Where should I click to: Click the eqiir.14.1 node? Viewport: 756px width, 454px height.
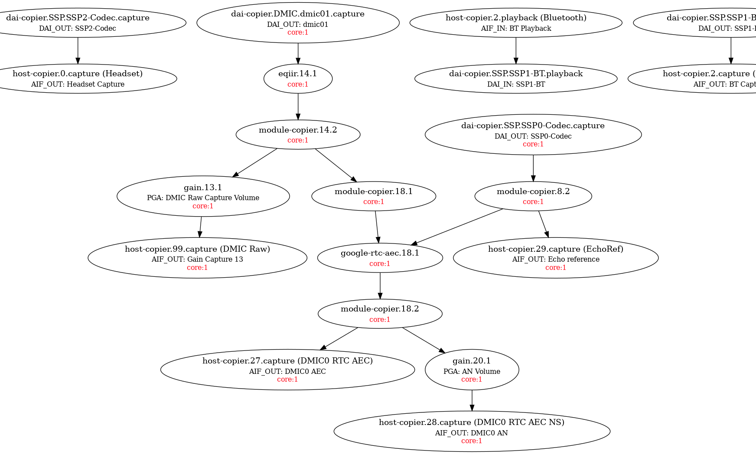point(298,78)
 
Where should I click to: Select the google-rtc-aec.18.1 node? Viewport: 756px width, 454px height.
point(380,258)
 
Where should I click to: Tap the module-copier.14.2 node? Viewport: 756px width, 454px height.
point(298,134)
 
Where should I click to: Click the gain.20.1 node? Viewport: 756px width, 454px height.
point(472,370)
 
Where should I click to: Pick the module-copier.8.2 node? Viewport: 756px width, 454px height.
point(533,196)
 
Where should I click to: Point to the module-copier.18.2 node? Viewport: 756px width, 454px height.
point(380,314)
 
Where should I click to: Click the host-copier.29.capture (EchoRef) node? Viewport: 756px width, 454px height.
point(555,258)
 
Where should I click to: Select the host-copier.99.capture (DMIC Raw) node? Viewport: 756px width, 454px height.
point(197,258)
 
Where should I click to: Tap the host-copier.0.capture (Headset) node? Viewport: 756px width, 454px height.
point(78,78)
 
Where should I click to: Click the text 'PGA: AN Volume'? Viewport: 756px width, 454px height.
point(472,371)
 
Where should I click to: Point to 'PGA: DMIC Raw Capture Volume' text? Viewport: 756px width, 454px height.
point(203,198)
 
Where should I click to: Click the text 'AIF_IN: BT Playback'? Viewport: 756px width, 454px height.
point(516,29)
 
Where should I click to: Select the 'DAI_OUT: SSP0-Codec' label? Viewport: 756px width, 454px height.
point(533,136)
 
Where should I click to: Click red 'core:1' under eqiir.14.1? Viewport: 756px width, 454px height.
point(298,84)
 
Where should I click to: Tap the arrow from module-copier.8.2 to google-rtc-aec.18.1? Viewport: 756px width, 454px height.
point(457,227)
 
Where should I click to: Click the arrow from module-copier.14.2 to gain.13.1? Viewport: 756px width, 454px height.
point(255,163)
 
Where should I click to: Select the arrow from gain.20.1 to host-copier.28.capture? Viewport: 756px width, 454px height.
point(472,400)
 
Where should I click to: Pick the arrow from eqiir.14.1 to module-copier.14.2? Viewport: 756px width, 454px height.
point(298,106)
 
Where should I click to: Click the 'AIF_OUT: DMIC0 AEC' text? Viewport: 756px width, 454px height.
point(287,371)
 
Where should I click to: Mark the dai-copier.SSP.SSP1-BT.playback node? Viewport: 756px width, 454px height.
point(516,78)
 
